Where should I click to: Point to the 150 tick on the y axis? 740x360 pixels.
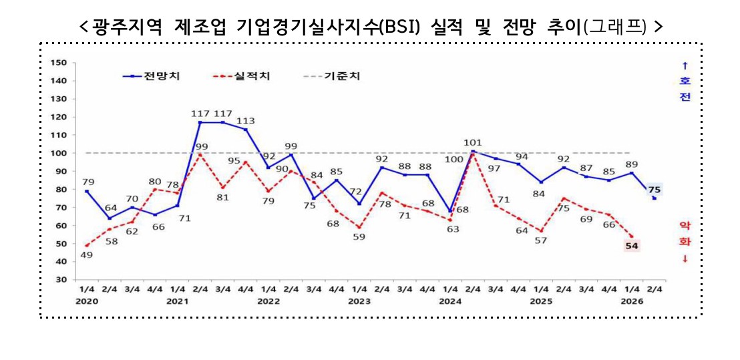tap(59, 63)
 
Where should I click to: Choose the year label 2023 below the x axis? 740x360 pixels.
tap(359, 301)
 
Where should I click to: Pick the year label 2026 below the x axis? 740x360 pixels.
tap(632, 301)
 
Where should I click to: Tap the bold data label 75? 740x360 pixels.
tap(654, 190)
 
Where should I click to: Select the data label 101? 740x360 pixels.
tap(473, 142)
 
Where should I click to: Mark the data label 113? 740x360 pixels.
tap(246, 121)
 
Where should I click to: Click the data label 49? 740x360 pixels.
tap(86, 255)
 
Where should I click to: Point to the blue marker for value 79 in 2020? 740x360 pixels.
tap(87, 191)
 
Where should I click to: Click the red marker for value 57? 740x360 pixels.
tap(541, 231)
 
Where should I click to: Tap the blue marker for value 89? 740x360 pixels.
tap(632, 173)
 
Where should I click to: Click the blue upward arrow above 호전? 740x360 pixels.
tap(685, 65)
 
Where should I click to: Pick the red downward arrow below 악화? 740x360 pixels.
tap(685, 259)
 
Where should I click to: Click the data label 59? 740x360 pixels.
tap(359, 236)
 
